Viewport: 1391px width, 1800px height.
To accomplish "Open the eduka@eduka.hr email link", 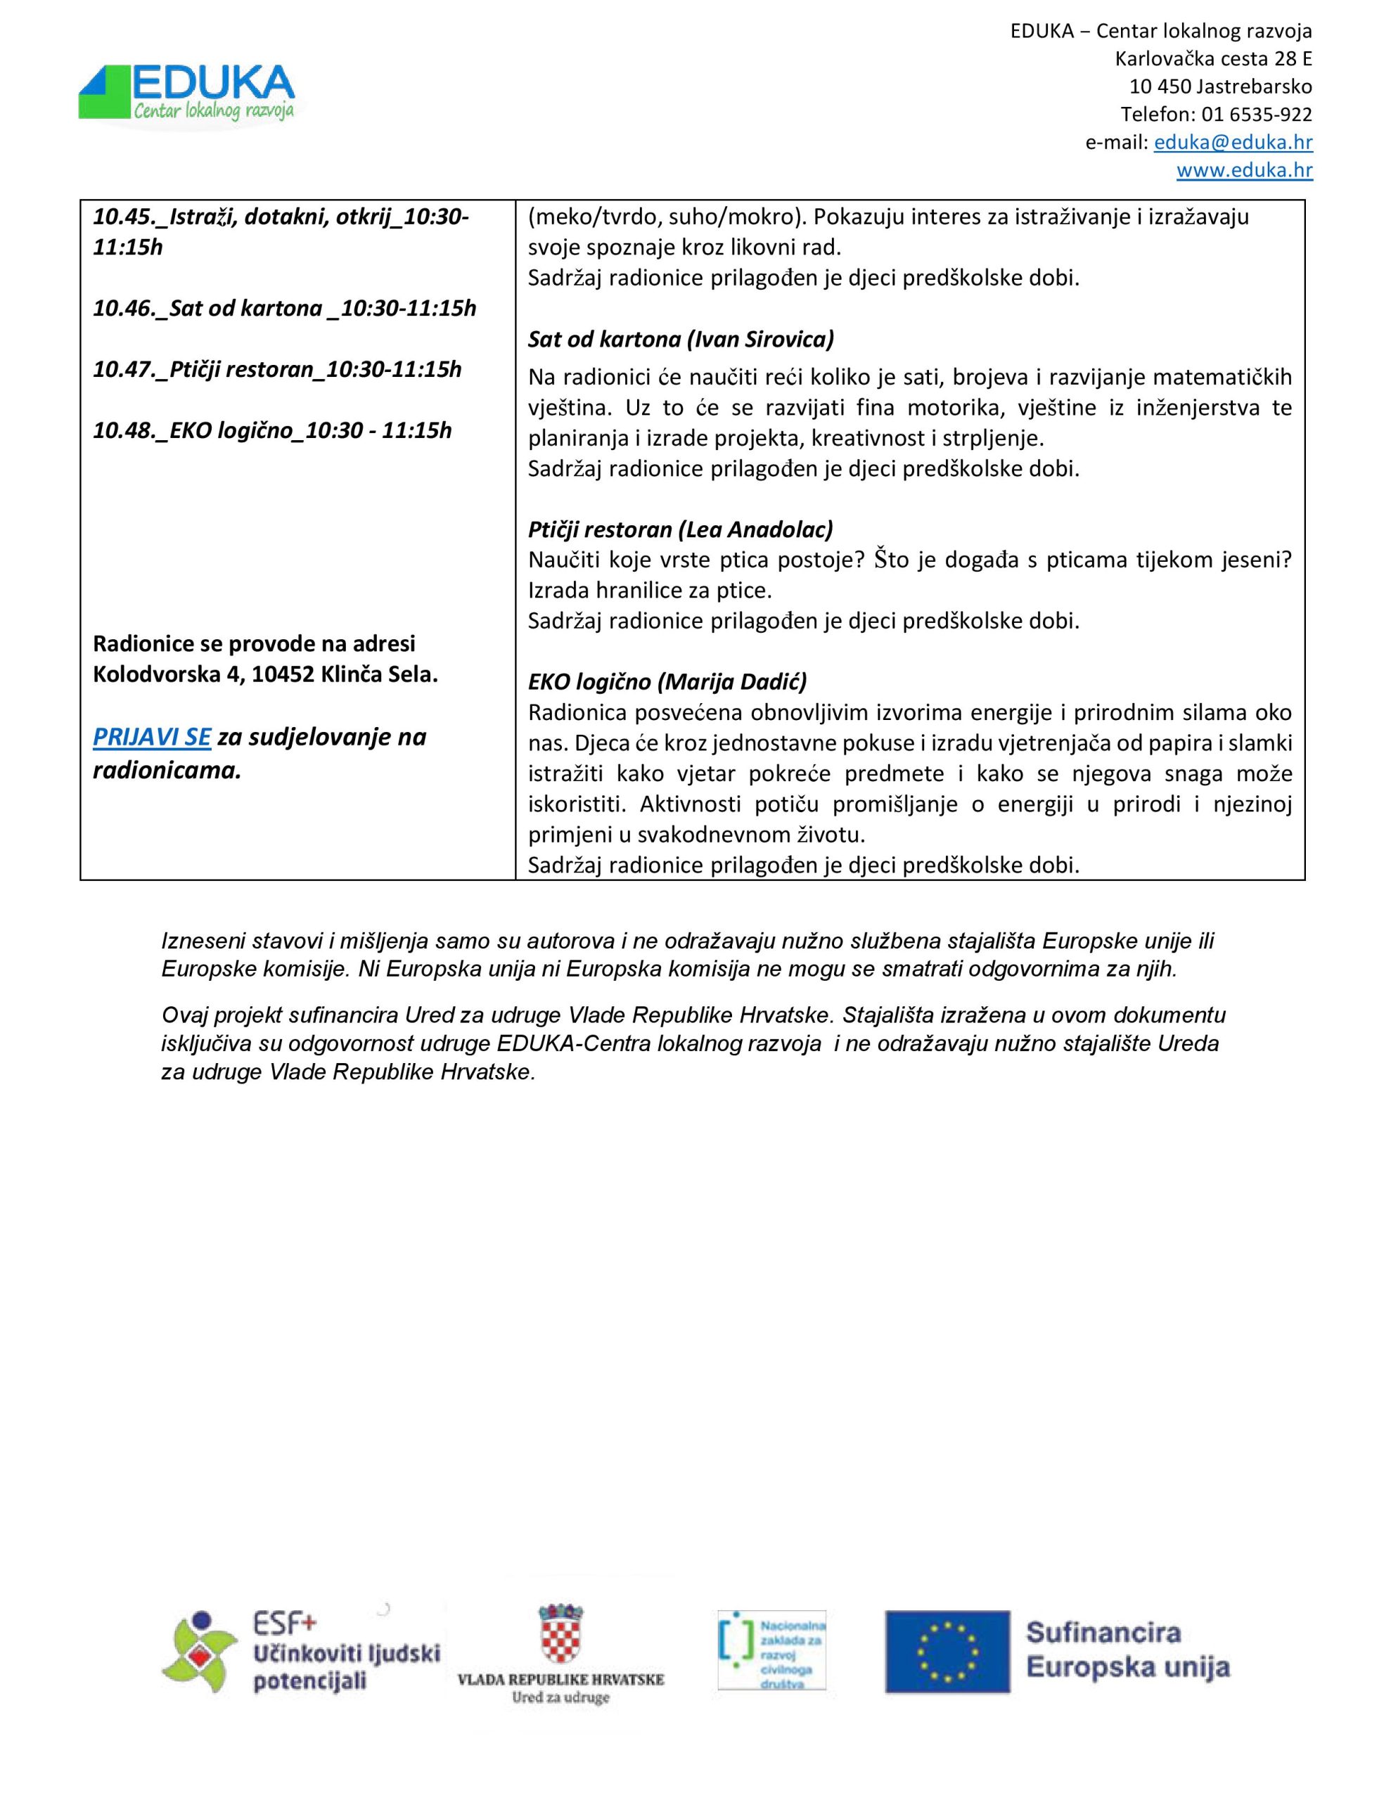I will (1233, 143).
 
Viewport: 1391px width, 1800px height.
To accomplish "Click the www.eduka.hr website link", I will (1244, 171).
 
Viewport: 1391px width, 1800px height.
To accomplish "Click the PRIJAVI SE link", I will (152, 737).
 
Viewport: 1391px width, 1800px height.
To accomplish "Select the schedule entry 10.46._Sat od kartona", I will (285, 308).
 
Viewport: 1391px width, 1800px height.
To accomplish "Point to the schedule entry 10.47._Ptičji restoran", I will (277, 369).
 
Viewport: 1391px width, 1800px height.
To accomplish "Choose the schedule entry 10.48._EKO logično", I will (272, 430).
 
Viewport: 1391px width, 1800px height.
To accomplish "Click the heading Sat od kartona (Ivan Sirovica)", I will (681, 339).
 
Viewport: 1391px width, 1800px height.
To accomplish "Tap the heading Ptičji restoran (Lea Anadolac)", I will (680, 529).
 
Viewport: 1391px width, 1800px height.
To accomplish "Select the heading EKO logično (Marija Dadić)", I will (667, 681).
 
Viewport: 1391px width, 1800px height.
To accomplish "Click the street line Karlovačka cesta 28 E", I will (1213, 59).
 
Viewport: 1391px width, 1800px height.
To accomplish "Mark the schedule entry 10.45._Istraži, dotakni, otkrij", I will (281, 217).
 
